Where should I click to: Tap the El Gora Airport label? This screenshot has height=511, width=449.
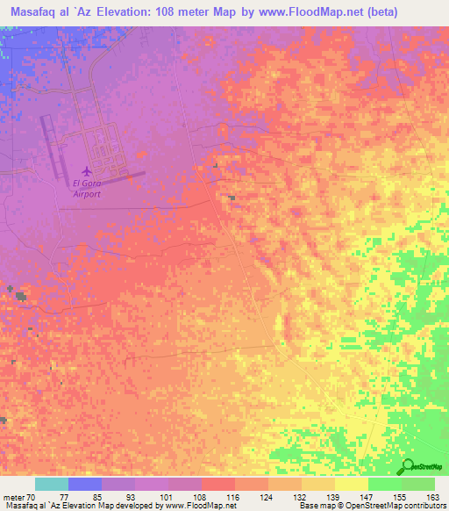[x=86, y=190]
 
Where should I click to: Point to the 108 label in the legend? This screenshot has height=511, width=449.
[x=202, y=496]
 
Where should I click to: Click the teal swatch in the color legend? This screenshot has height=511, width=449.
[x=52, y=484]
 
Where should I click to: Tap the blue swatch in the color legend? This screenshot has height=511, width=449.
[x=85, y=484]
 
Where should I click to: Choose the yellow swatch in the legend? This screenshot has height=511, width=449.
[x=351, y=484]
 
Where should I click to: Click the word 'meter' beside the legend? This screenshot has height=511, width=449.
[x=13, y=496]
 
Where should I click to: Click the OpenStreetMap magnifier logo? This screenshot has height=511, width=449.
[x=408, y=465]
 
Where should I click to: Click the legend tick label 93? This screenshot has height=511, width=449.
[x=135, y=496]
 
